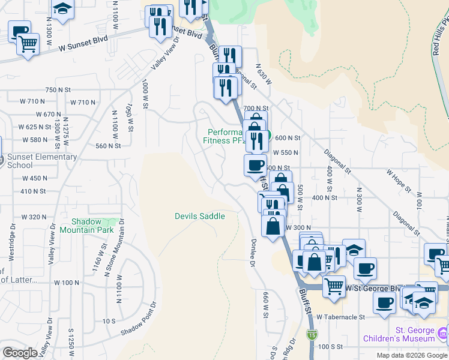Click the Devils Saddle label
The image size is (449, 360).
pos(200,216)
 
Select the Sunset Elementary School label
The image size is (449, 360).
pos(41,161)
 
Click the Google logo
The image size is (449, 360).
pos(20,353)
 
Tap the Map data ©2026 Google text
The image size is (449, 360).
pos(411,355)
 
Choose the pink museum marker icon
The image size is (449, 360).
pos(443,332)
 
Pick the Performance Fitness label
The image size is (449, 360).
pos(224,136)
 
